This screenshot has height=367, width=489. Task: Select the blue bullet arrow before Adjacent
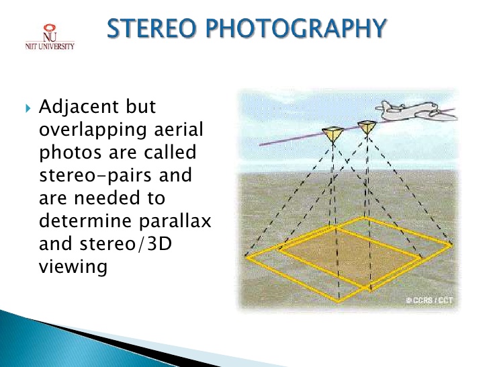28,108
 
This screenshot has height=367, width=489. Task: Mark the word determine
84,220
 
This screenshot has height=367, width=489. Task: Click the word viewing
73,266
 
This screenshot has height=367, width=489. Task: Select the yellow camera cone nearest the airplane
367,127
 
